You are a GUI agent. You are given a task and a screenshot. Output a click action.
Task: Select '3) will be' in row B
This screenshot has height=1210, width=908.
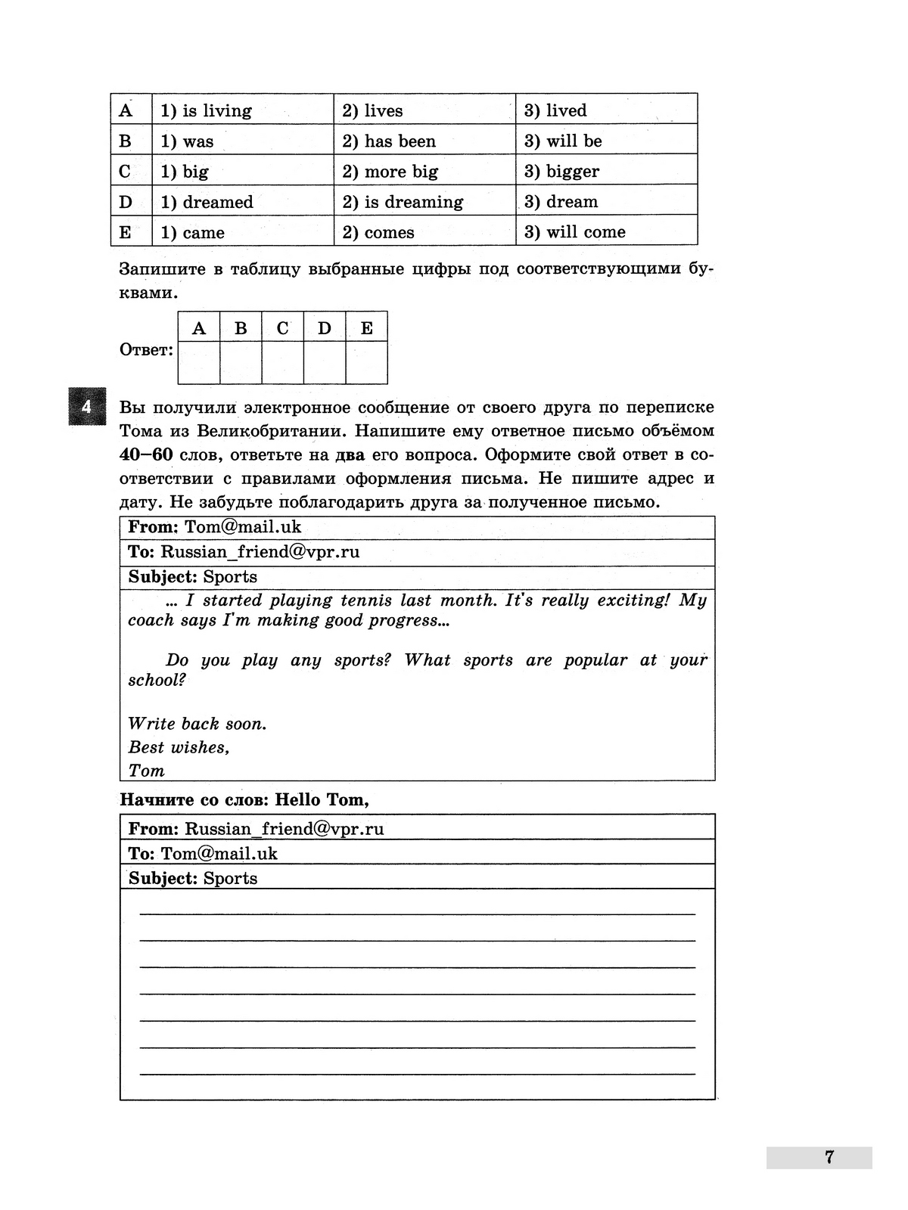click(x=563, y=141)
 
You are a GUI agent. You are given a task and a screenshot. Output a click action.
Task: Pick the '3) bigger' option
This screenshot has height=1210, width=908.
click(x=561, y=172)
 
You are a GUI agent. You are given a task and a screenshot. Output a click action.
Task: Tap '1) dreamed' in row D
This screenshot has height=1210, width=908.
click(x=207, y=202)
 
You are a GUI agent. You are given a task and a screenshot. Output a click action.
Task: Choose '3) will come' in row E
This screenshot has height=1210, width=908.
click(x=574, y=232)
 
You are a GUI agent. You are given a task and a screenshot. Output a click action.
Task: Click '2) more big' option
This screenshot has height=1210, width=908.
click(x=390, y=172)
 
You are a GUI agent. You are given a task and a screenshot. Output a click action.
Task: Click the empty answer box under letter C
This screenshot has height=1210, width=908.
click(x=283, y=363)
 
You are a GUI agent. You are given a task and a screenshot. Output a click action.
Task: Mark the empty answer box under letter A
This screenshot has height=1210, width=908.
click(x=199, y=363)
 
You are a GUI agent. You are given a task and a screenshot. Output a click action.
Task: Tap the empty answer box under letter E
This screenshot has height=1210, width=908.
click(x=367, y=363)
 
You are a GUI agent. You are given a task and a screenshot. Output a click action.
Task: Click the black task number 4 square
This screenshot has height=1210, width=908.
click(x=86, y=406)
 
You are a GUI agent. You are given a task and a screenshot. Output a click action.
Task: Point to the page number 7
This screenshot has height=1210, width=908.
click(x=829, y=1157)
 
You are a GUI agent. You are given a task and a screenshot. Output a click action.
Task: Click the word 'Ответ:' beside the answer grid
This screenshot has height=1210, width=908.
click(x=146, y=350)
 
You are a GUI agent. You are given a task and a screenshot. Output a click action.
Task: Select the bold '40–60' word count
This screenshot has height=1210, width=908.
click(x=146, y=455)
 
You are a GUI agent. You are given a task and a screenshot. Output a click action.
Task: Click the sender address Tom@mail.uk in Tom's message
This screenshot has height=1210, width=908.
click(x=243, y=527)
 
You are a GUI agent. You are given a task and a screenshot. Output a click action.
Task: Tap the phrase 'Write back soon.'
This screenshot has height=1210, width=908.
click(x=197, y=724)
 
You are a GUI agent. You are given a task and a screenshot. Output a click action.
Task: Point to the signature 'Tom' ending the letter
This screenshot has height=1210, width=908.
click(x=146, y=771)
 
